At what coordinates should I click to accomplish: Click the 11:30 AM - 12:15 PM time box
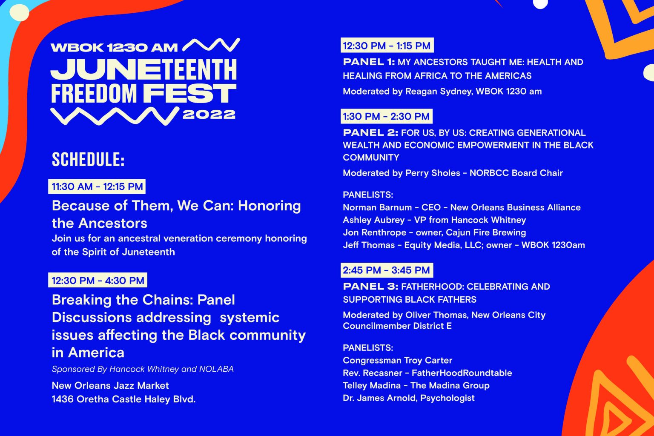[97, 186]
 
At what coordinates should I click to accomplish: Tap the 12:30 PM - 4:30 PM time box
[98, 280]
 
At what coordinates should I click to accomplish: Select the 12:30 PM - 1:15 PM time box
[387, 45]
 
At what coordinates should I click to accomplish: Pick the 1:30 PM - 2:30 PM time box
[387, 116]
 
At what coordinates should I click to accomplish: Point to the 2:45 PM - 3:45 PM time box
[387, 270]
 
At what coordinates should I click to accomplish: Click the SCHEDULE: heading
[88, 159]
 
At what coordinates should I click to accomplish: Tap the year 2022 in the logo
[209, 115]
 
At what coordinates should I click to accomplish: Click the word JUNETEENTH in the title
[143, 69]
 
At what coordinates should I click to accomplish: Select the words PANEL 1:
[369, 62]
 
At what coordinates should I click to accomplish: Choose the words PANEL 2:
[370, 132]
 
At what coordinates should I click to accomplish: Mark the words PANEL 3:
[370, 287]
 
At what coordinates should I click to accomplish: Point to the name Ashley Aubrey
[374, 220]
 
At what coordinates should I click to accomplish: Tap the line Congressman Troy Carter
[397, 360]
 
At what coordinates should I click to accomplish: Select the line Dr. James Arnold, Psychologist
[409, 398]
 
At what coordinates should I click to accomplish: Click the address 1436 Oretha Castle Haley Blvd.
[123, 399]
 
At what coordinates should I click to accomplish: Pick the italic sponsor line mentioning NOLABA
[143, 369]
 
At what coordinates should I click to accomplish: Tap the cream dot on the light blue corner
[19, 13]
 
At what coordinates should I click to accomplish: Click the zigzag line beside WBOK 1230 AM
[211, 45]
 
